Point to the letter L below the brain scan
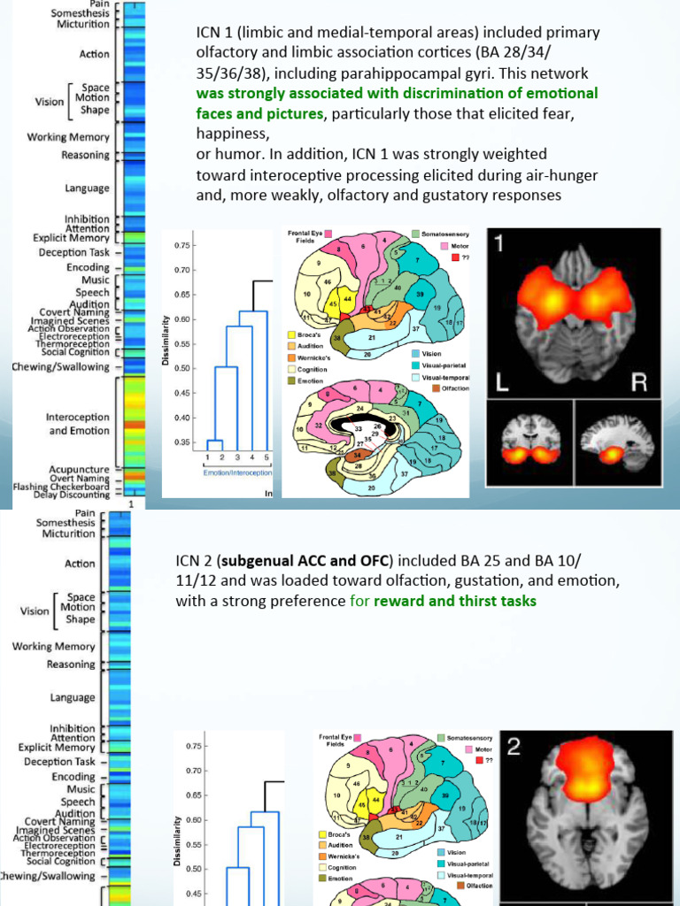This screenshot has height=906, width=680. tap(503, 381)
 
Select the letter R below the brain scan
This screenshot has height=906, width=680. tap(640, 381)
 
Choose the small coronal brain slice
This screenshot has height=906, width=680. tap(530, 444)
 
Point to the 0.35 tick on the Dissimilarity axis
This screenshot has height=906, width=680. tap(180, 441)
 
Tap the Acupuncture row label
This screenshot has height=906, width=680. tap(80, 469)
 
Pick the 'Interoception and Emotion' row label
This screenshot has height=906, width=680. tap(78, 424)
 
